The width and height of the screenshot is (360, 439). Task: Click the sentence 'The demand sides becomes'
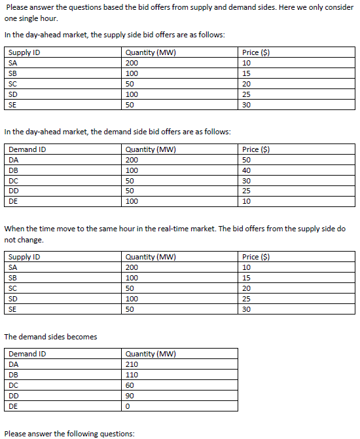coord(50,337)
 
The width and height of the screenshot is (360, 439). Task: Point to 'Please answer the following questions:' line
coord(69,434)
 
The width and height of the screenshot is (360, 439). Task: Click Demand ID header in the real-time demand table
coord(27,354)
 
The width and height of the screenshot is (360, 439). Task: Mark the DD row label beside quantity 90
coord(14,396)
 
